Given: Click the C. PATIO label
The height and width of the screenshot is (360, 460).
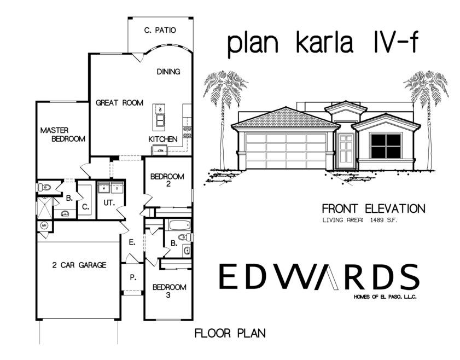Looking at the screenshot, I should (160, 31).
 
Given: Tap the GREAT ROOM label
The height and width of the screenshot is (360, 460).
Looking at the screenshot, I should (120, 103).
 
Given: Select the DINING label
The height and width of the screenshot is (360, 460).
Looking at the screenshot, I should (168, 72).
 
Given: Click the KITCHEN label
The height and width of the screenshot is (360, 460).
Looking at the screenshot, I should (163, 140).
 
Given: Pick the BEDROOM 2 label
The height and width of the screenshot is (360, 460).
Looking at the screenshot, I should (167, 181).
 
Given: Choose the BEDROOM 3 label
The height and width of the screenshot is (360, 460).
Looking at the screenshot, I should (169, 291).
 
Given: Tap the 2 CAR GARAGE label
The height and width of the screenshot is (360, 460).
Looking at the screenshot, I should (79, 265).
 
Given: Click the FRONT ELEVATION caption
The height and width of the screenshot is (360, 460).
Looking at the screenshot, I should (373, 208).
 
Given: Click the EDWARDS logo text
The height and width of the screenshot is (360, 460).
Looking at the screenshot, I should (318, 277).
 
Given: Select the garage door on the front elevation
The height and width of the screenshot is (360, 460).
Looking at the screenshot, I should (286, 150).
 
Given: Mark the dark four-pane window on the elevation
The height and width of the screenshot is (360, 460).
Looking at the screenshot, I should (386, 146).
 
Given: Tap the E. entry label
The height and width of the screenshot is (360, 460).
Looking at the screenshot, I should (132, 242).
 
